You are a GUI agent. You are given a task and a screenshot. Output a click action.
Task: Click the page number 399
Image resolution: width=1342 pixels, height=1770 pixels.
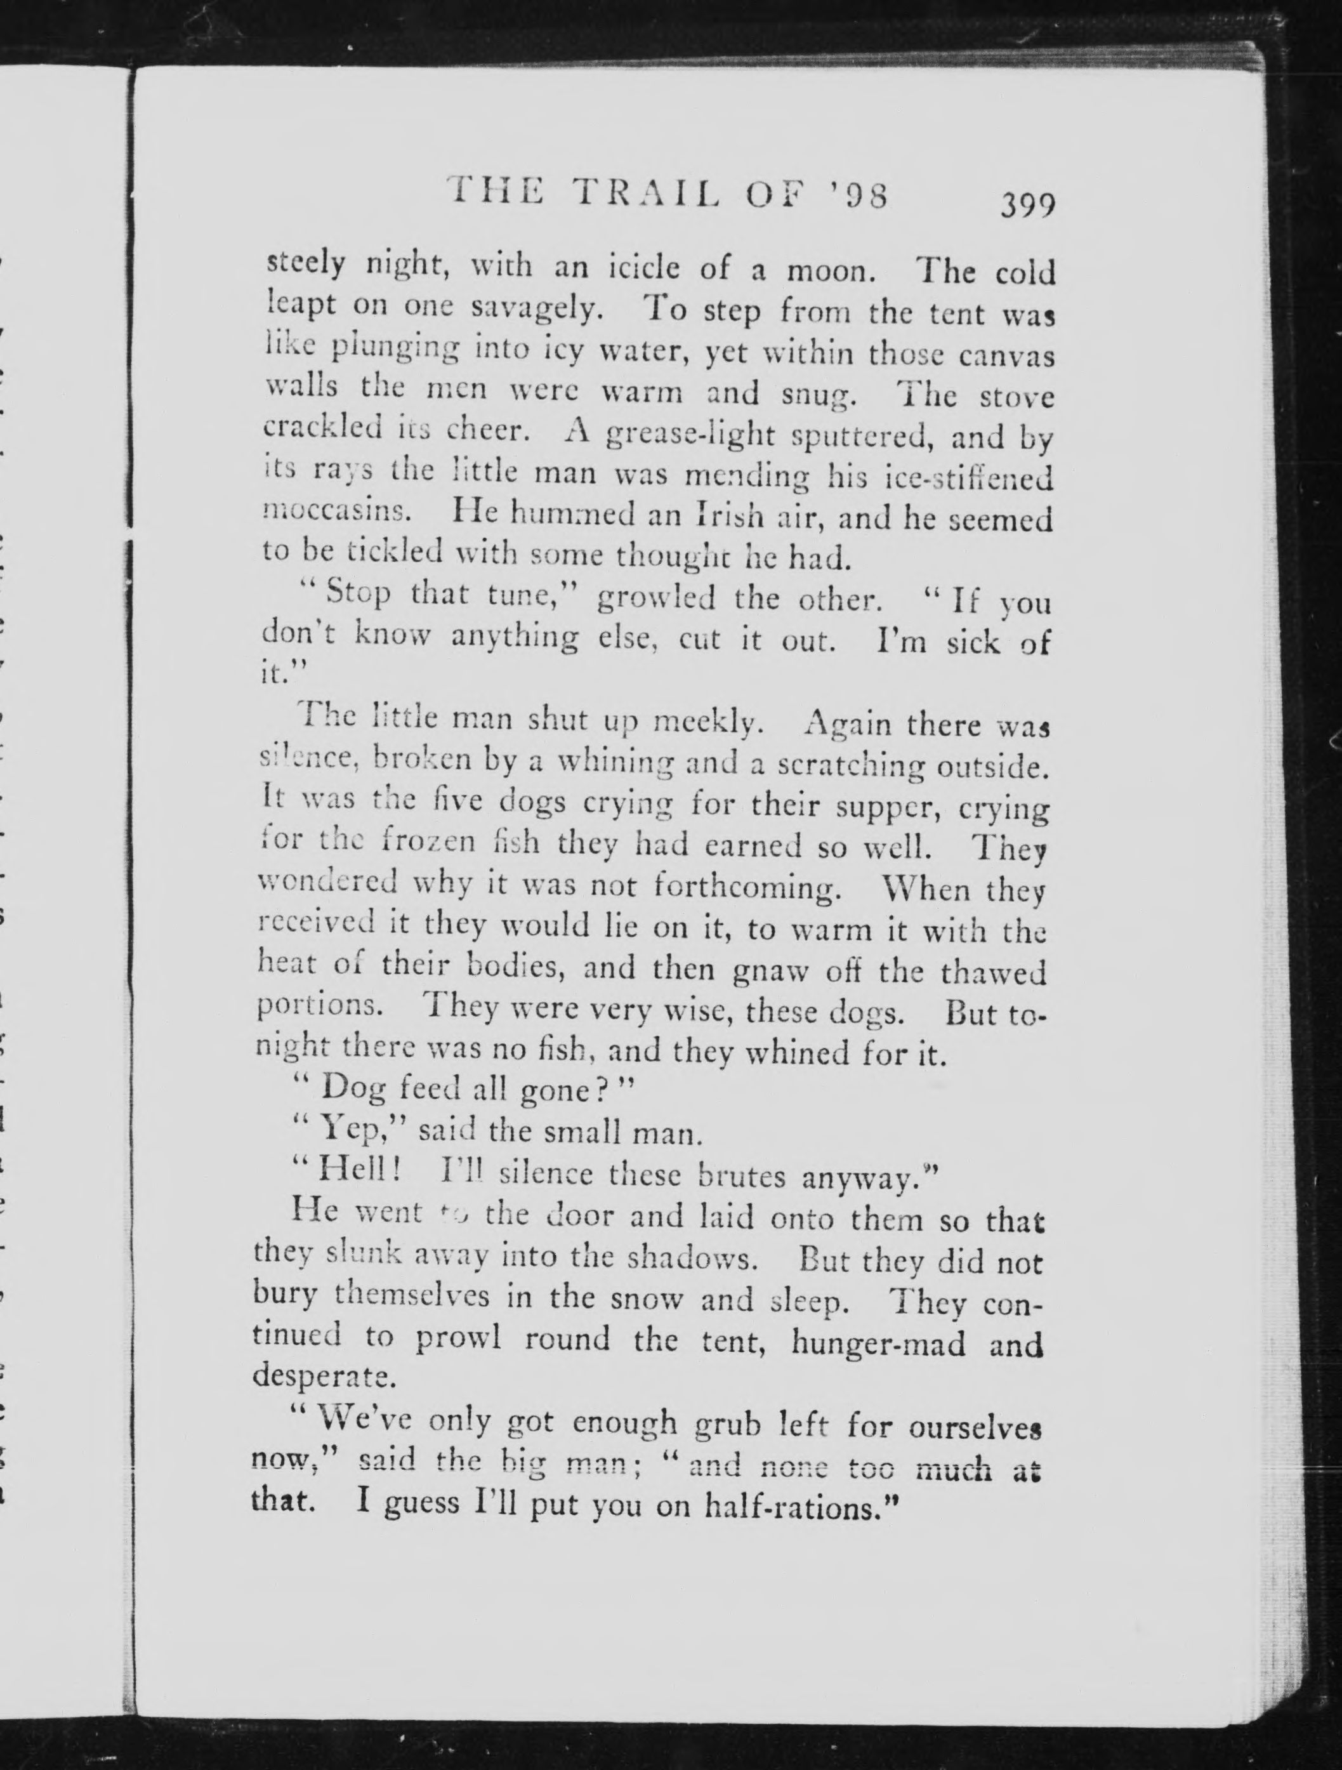1027,206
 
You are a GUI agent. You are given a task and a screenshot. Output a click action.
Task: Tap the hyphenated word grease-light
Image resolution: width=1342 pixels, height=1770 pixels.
690,435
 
